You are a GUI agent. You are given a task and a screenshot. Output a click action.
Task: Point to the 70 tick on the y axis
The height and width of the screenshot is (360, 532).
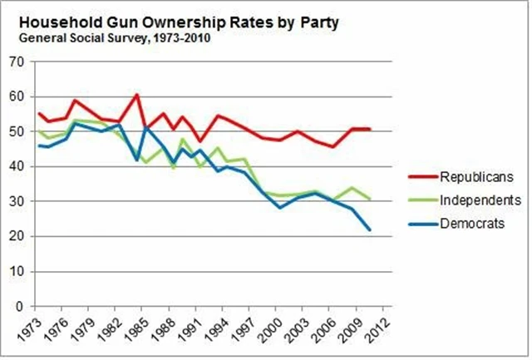(x=16, y=62)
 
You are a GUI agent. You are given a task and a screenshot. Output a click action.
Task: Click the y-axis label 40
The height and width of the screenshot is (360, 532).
(x=16, y=166)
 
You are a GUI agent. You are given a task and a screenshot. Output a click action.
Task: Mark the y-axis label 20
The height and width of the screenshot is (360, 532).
(x=16, y=237)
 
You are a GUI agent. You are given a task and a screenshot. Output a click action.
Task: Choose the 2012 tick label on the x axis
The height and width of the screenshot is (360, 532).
(x=375, y=327)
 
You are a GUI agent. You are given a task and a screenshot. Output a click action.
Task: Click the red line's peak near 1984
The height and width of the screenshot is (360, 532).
(x=136, y=95)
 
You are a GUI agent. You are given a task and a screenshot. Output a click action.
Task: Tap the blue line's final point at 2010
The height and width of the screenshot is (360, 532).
(x=370, y=230)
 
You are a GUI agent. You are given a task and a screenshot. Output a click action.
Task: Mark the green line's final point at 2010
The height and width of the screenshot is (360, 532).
(x=370, y=200)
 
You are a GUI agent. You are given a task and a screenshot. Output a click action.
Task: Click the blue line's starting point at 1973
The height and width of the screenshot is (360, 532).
(x=39, y=145)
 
